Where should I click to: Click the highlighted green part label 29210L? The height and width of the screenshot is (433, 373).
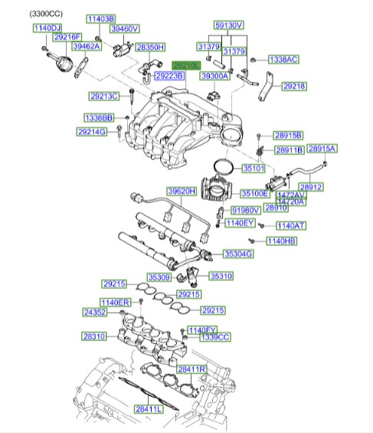coord(186,66)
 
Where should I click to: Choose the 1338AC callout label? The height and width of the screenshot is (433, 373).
coord(283,59)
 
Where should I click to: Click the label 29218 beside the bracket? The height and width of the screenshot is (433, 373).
coord(293,87)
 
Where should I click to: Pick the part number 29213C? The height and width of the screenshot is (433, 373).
coord(104,97)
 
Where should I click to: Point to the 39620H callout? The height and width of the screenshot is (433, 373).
coord(182,191)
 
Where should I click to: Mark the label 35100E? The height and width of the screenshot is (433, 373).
coord(254,194)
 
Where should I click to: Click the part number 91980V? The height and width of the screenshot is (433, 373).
coord(245,210)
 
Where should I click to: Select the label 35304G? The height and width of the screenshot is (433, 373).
coord(237,253)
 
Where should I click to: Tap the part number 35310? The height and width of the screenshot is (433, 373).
coord(221,276)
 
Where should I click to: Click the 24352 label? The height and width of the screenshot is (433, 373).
coord(96,313)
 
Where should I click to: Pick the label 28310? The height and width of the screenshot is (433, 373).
coord(96,336)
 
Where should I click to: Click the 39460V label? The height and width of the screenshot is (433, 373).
coord(124,28)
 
